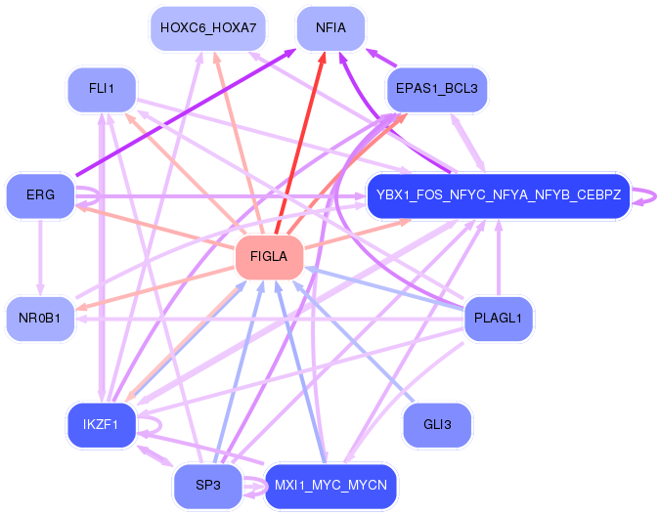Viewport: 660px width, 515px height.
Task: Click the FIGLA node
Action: pos(269,257)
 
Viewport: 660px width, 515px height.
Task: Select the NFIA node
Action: pos(331,27)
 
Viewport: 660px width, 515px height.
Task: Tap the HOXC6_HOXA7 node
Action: pos(207,27)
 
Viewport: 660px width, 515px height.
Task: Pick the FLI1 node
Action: pos(102,89)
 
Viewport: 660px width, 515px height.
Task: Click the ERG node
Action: pos(40,195)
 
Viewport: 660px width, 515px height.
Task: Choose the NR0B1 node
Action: pos(40,318)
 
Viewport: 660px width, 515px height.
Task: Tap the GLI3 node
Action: pos(437,424)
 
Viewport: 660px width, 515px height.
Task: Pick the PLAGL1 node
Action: pos(498,319)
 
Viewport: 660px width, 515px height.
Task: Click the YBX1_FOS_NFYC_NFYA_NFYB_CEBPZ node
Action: pos(498,195)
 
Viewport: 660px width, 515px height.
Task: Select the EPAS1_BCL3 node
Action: pos(436,89)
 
